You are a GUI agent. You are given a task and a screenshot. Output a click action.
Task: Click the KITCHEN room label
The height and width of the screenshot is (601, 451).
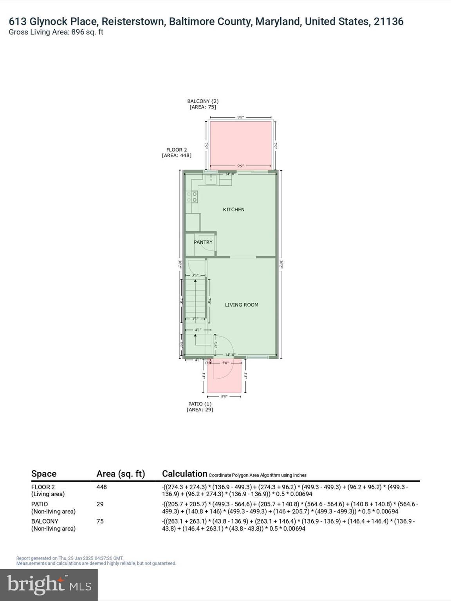[233, 210]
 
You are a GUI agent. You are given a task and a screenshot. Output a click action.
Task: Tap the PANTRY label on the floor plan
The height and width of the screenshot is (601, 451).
[203, 242]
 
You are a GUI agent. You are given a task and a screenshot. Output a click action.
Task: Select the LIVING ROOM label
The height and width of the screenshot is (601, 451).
[241, 305]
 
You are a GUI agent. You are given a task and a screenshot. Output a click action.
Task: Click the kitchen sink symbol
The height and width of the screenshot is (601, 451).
[211, 180]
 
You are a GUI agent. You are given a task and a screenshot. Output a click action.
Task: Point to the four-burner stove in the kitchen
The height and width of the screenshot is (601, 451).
[192, 197]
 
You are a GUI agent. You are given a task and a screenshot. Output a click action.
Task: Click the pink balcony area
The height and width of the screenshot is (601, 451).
[240, 143]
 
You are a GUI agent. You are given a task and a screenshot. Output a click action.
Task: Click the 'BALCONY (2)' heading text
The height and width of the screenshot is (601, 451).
[202, 101]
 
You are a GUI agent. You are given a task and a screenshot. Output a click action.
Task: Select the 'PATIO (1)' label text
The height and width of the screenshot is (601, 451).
[200, 404]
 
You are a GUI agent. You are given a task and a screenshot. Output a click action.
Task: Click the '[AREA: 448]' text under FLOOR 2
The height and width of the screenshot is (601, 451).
[177, 155]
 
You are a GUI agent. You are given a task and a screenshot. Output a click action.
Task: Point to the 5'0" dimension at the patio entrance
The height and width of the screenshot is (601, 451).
[225, 363]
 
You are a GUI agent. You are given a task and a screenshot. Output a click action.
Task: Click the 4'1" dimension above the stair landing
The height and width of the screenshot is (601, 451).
[198, 330]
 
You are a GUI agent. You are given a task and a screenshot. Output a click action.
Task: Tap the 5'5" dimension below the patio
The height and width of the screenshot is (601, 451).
[224, 397]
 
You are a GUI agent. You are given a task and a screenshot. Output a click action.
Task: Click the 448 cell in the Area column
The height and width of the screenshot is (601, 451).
[101, 487]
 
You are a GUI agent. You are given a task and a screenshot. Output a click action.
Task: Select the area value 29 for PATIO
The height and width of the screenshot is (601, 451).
[100, 504]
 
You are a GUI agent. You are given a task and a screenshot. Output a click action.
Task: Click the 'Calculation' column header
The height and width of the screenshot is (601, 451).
[184, 474]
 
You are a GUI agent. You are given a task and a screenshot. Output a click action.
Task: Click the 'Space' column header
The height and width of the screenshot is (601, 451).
[44, 474]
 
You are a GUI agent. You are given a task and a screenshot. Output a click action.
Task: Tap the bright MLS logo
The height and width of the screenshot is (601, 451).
[49, 585]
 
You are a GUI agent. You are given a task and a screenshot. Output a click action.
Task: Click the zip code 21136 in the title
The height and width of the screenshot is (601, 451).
[388, 22]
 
